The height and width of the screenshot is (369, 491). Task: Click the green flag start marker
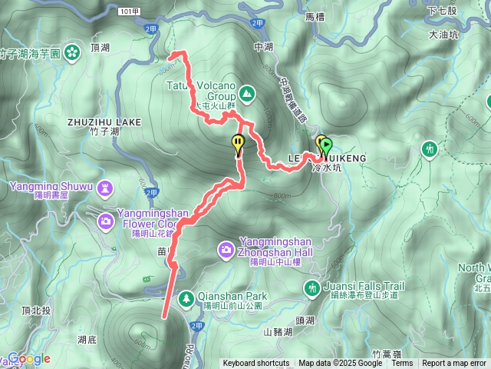coord(326,144)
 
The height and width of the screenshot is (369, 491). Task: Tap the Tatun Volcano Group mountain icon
coord(246,95)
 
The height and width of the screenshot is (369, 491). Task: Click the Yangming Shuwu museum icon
coord(104,187)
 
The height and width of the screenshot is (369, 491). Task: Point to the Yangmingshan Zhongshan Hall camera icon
coord(226,248)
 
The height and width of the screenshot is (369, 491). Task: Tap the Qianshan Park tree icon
coord(186,298)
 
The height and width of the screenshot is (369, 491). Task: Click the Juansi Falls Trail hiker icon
coord(311,288)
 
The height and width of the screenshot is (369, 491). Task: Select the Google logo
coord(28,359)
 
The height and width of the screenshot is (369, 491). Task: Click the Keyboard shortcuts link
coord(256,364)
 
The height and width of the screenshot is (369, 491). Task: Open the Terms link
coord(402,364)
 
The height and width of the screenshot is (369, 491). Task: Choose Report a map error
coord(454,364)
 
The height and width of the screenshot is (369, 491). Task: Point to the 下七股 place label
coord(443,10)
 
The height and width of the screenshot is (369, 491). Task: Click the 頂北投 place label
coord(36,311)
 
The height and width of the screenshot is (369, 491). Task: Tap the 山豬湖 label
coord(278,332)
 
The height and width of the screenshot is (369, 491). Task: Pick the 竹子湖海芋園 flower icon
coord(71,52)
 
